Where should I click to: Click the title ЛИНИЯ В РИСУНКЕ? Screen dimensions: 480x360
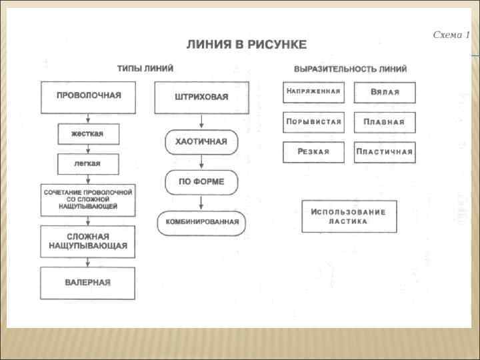(x=247, y=45)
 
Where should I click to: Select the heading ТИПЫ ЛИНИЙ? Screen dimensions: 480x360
(x=145, y=68)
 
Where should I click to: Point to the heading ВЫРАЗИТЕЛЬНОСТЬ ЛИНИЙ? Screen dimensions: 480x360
(x=350, y=69)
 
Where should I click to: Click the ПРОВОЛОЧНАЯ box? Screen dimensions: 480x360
(x=88, y=97)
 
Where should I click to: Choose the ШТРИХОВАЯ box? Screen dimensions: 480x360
(x=201, y=97)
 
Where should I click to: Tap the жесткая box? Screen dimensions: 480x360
(x=88, y=133)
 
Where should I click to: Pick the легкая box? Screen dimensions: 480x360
(x=88, y=164)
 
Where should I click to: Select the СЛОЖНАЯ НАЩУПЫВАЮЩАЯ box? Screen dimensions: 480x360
(x=88, y=241)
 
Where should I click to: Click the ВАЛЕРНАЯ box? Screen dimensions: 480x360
(x=88, y=283)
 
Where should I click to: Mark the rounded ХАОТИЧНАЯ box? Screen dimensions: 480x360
(x=201, y=141)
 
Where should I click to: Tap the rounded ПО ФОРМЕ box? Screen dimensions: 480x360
(x=201, y=182)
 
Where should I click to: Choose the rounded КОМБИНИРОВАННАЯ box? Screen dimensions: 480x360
(x=201, y=223)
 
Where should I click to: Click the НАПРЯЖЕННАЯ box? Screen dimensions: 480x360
(x=313, y=92)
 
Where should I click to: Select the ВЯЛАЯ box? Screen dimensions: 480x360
(x=385, y=92)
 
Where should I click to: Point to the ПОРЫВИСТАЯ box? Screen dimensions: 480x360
(x=313, y=122)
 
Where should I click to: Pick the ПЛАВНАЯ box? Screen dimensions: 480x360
(x=385, y=122)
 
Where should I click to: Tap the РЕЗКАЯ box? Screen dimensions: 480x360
(x=313, y=152)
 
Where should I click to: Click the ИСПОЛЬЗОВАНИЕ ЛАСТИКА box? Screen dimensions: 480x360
(x=349, y=216)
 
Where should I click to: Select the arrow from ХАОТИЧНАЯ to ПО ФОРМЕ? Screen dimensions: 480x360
(x=201, y=162)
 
